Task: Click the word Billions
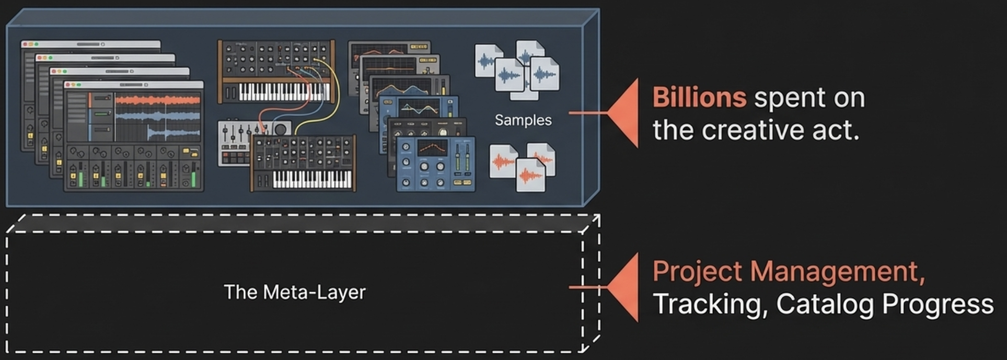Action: (699, 98)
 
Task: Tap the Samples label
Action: (523, 120)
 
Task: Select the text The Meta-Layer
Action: (295, 292)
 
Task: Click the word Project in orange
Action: (697, 272)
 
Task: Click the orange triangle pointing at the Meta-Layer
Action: (624, 287)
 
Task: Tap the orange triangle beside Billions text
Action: (624, 112)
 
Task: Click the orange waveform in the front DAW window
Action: (157, 100)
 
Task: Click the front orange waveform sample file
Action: (530, 175)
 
